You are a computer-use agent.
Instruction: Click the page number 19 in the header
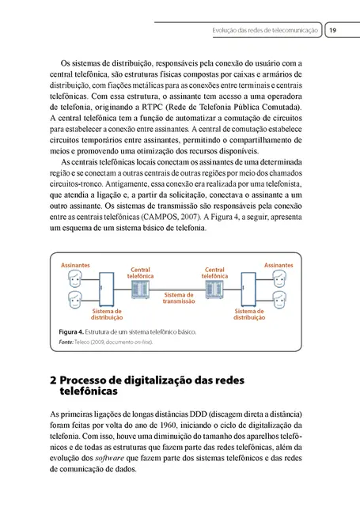coord(333,30)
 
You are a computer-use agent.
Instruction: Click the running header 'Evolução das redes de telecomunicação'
coord(266,30)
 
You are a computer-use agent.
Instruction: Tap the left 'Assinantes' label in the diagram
coord(75,265)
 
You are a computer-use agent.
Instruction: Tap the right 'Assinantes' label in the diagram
coord(279,265)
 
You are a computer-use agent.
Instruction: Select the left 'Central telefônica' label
coord(140,272)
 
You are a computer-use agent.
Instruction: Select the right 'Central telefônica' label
coord(215,272)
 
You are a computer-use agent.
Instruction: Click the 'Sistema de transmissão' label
coord(179,298)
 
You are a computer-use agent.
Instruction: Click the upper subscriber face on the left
coord(74,279)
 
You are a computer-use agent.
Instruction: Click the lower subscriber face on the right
coord(280,299)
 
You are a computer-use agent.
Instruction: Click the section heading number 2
coord(52,380)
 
